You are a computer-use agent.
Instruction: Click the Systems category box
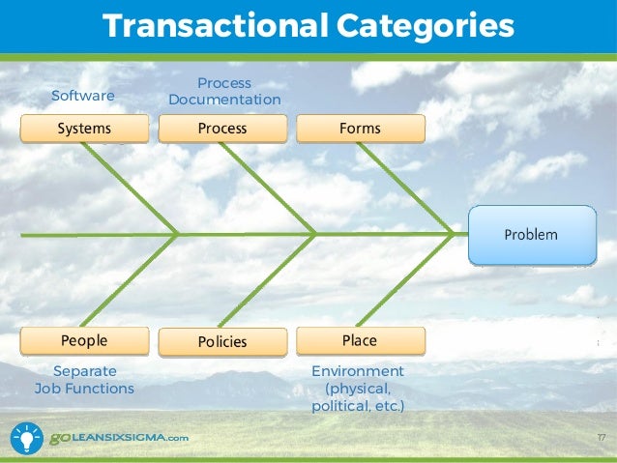pos(84,129)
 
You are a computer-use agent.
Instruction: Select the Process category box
pos(222,129)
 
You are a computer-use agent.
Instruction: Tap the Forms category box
pos(360,129)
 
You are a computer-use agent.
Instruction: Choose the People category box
pos(84,341)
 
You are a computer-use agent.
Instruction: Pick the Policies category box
pos(222,342)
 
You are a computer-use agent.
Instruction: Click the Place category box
pos(360,341)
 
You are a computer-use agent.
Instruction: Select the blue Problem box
pos(531,235)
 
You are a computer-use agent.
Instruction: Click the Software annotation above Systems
pos(82,96)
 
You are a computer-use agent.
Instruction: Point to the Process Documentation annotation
pos(224,92)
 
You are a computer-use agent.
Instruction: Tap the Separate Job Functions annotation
pos(84,380)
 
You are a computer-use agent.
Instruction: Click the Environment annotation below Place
pos(358,389)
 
